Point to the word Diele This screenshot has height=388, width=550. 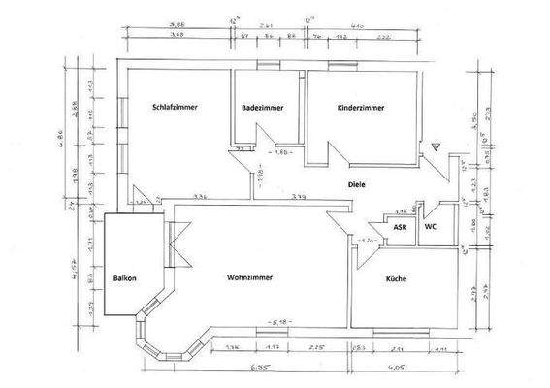[x=359, y=183]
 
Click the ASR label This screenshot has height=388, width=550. [x=400, y=228]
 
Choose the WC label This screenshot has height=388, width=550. [x=431, y=228]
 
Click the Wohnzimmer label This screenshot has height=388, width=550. [x=248, y=277]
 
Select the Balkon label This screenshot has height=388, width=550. [x=123, y=277]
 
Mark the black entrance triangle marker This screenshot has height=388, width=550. [x=437, y=146]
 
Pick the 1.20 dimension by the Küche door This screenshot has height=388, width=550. [x=367, y=239]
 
